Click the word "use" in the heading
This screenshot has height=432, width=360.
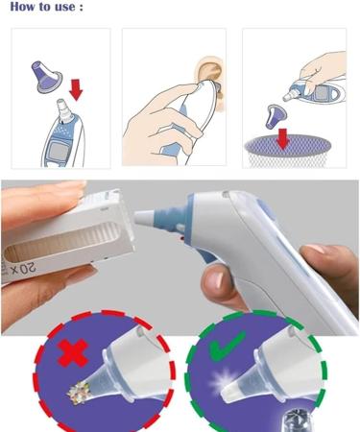coord(63,7)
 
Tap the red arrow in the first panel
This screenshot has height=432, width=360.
coord(76,89)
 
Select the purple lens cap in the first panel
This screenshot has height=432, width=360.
coord(46,77)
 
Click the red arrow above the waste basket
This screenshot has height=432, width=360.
coord(282,138)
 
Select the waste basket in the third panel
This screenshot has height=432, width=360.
coord(288,151)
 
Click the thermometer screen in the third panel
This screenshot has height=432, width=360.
coord(324,93)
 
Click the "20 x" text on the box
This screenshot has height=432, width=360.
coord(23,268)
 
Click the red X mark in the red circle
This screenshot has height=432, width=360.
coord(73,353)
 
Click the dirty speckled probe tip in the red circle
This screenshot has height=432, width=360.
coord(79,392)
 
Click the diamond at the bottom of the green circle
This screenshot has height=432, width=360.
coord(297,421)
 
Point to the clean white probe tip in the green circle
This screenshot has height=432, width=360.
coord(231,392)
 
